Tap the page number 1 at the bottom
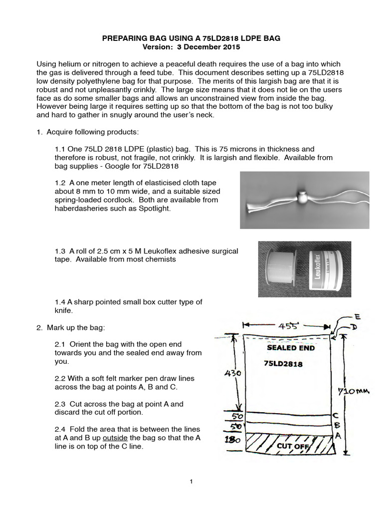(191, 482)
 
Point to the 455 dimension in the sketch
(288, 326)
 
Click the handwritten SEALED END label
(291, 348)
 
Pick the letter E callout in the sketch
(358, 316)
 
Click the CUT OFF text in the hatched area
(290, 445)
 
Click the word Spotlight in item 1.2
(154, 209)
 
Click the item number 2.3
(60, 404)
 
